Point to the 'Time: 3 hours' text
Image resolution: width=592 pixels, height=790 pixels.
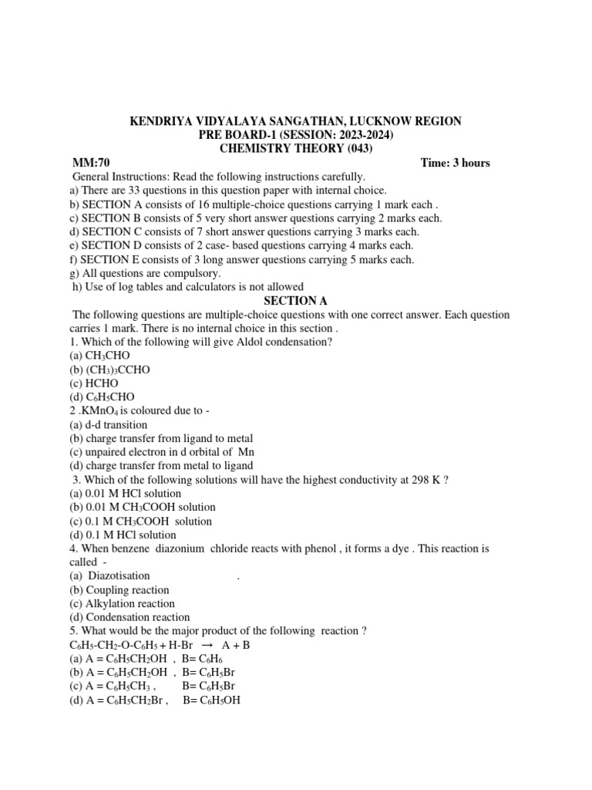pyautogui.click(x=455, y=163)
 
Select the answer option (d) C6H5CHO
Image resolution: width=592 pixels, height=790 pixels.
pyautogui.click(x=101, y=397)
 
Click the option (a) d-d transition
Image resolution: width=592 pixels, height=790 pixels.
pyautogui.click(x=108, y=425)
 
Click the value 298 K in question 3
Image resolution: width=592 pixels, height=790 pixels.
pyautogui.click(x=421, y=480)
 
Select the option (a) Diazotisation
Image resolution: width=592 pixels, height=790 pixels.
pyautogui.click(x=109, y=576)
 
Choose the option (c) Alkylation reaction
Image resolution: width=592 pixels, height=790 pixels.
pyautogui.click(x=122, y=604)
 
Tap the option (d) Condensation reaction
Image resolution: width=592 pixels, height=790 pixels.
pyautogui.click(x=129, y=618)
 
